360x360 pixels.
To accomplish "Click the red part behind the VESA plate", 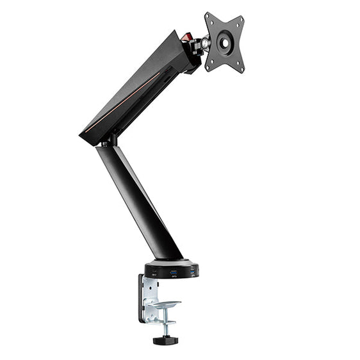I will pos(186,38).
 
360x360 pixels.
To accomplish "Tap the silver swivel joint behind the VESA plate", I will pos(204,44).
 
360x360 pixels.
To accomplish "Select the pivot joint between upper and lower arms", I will pos(110,140).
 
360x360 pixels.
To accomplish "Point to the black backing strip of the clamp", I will pos(140,298).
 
